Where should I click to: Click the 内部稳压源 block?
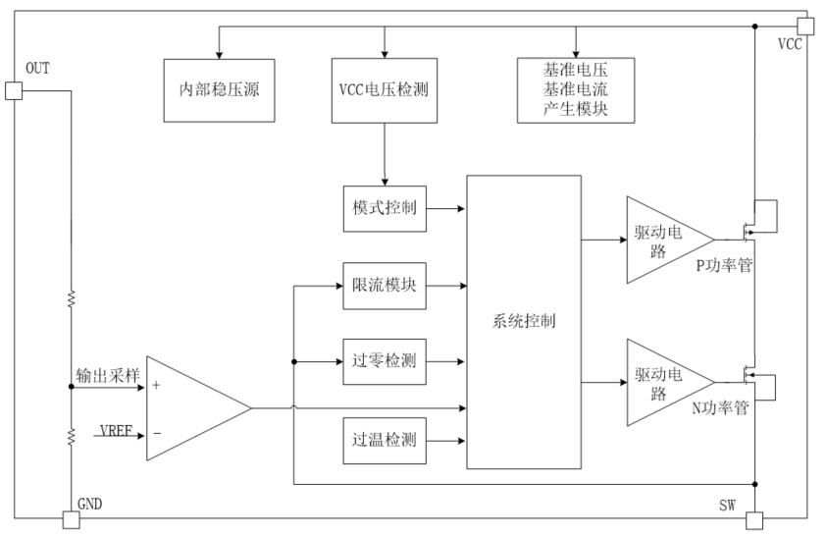click(218, 90)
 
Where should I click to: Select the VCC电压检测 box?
click(385, 90)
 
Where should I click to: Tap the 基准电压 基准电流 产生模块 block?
click(575, 90)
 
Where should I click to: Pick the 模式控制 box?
click(385, 208)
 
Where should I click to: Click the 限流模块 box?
click(385, 287)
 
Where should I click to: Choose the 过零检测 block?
click(385, 361)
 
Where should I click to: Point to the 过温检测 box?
click(385, 439)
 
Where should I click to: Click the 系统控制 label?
click(523, 321)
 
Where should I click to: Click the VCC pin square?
click(805, 25)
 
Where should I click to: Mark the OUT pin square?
click(14, 91)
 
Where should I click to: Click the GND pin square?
click(69, 520)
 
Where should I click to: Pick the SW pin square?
click(753, 520)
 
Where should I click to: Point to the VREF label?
click(116, 432)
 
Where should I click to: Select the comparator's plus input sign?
click(156, 386)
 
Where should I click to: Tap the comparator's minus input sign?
click(156, 433)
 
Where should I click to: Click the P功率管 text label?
click(724, 265)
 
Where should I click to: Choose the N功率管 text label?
click(721, 408)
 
